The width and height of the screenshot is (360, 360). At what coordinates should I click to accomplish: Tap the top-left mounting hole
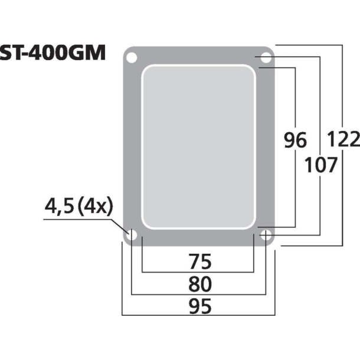tap(131, 58)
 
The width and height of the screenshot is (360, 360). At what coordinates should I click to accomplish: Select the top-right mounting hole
tap(266, 58)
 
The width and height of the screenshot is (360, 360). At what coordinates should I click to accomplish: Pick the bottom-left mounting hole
tap(131, 235)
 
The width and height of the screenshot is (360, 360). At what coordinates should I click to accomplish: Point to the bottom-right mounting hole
tap(266, 235)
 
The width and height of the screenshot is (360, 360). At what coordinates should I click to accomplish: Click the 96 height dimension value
tap(295, 140)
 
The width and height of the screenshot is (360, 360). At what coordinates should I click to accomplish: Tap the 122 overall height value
tap(342, 140)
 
